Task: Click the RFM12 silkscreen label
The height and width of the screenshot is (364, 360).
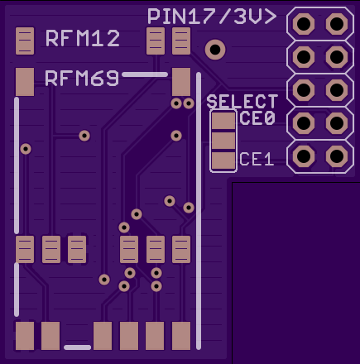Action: click(x=83, y=38)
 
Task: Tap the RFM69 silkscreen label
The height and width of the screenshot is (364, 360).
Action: click(x=82, y=79)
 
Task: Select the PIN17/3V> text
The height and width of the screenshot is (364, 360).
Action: click(x=212, y=17)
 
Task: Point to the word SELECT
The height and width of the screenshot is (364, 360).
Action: click(x=242, y=102)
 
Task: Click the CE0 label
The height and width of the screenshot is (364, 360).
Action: click(x=257, y=118)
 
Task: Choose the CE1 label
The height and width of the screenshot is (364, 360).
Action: click(x=257, y=159)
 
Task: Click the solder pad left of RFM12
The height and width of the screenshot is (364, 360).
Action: click(x=25, y=41)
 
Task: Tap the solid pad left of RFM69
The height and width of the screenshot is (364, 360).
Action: click(x=25, y=82)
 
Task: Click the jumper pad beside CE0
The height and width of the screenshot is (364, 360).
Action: click(x=223, y=121)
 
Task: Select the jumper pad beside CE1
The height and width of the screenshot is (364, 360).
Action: click(x=223, y=160)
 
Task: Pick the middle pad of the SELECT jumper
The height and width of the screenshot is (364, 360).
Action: click(x=223, y=141)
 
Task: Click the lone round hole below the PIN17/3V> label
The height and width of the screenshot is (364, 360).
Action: click(x=215, y=50)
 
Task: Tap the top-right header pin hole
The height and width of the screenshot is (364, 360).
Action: click(x=337, y=24)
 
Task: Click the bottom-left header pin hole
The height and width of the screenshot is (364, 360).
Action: click(x=304, y=156)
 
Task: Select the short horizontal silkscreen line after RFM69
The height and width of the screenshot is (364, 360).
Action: click(x=145, y=74)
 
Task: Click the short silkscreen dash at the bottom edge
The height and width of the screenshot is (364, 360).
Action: click(x=77, y=347)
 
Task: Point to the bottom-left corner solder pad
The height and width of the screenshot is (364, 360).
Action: click(x=25, y=336)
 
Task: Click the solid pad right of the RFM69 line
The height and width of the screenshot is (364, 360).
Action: click(x=181, y=82)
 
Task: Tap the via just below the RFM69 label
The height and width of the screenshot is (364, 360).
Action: click(x=84, y=136)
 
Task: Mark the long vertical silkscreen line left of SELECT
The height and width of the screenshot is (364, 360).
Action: click(x=199, y=211)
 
